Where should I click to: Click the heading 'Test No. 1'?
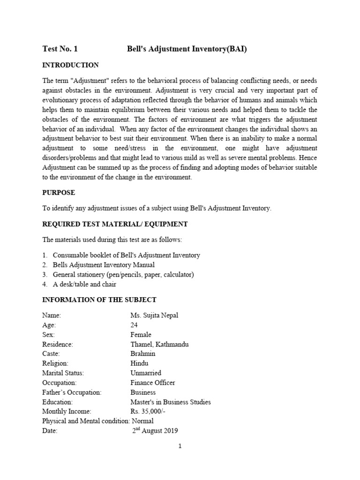pos(60,49)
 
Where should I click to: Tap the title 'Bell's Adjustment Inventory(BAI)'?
pos(187,49)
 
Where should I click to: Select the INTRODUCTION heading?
pos(70,65)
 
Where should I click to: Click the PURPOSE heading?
pos(59,193)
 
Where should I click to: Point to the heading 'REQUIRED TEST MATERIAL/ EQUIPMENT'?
pos(115,225)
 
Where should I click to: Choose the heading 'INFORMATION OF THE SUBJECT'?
pos(99,300)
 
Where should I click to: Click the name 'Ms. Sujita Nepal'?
pos(154,315)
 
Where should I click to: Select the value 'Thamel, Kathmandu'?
pos(159,345)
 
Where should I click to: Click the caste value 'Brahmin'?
pos(142,354)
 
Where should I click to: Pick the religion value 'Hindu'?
pos(139,363)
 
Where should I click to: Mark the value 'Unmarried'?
pos(146,373)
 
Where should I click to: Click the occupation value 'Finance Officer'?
pos(153,382)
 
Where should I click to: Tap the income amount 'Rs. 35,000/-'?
pos(148,412)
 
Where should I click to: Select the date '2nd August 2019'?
pos(155,431)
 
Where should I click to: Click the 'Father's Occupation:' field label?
pos(72,392)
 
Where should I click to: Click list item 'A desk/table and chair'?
pos(84,284)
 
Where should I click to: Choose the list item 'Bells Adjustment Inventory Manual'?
pos(104,265)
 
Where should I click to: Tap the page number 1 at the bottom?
pos(180,446)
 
